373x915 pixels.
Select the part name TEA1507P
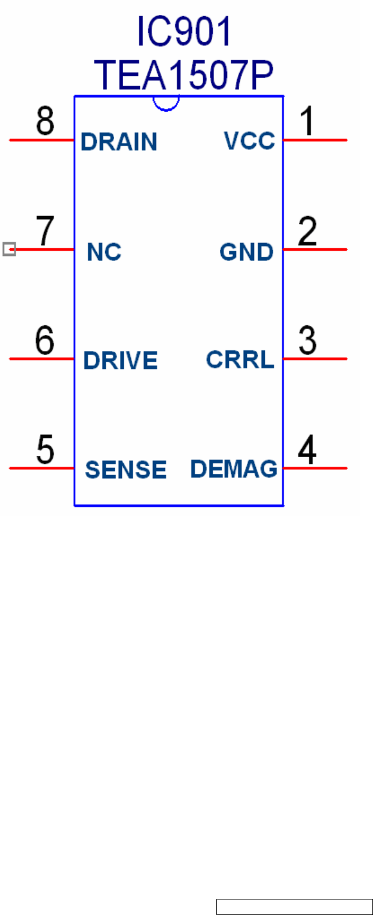pyautogui.click(x=184, y=76)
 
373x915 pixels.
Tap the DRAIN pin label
pyautogui.click(x=119, y=142)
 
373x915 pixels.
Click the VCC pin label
pyautogui.click(x=249, y=141)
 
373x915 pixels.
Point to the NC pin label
pyautogui.click(x=104, y=252)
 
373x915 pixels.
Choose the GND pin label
pyautogui.click(x=246, y=252)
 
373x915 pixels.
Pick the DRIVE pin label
pyautogui.click(x=120, y=361)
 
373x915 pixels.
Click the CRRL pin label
pyautogui.click(x=240, y=360)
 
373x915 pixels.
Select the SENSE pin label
pyautogui.click(x=126, y=470)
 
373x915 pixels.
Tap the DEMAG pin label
pyautogui.click(x=234, y=469)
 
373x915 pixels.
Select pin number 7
pyautogui.click(x=45, y=232)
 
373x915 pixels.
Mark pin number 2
pyautogui.click(x=307, y=232)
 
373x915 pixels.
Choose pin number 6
pyautogui.click(x=45, y=341)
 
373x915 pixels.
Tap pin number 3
pyautogui.click(x=307, y=341)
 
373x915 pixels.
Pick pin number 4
pyautogui.click(x=307, y=450)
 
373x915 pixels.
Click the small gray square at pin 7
pyautogui.click(x=9, y=249)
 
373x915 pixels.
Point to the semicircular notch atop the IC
pyautogui.click(x=166, y=103)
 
